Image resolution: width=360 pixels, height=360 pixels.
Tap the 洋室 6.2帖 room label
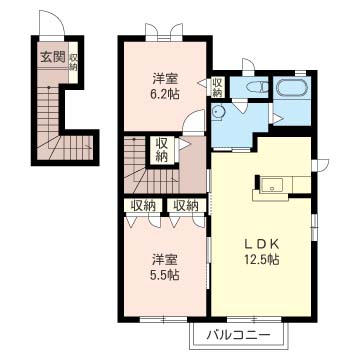pos(166,87)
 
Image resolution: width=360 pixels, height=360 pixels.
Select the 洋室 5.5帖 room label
pos(166,267)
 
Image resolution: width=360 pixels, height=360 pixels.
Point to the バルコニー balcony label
pos(238,335)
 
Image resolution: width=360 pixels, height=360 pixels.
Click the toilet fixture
pos(257,87)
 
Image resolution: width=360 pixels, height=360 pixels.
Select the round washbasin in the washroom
pos(218,110)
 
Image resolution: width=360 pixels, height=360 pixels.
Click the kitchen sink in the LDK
pos(272,184)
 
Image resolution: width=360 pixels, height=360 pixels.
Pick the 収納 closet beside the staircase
pos(161,150)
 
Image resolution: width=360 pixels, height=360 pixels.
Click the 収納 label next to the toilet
pos(218,87)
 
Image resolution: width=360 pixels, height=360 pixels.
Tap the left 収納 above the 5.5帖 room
pos(143,206)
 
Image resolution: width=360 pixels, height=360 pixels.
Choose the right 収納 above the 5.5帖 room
pos(186,206)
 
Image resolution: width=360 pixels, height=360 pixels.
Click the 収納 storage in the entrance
pos(73,62)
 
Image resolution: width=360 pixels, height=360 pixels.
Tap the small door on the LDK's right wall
pos(320,164)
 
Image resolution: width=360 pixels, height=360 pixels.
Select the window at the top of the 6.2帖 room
pos(164,36)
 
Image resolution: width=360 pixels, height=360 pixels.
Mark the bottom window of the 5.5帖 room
pos(163,319)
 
